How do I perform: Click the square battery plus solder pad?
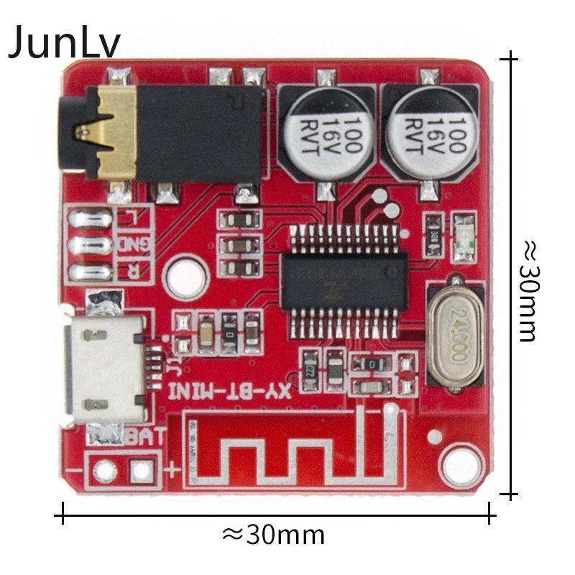pyautogui.click(x=142, y=471)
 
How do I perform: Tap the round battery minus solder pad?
pyautogui.click(x=104, y=471)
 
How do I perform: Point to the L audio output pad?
pyautogui.click(x=90, y=217)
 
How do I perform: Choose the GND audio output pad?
pyautogui.click(x=90, y=245)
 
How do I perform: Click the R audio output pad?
pyautogui.click(x=90, y=272)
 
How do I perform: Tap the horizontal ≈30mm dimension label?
pyautogui.click(x=273, y=535)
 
